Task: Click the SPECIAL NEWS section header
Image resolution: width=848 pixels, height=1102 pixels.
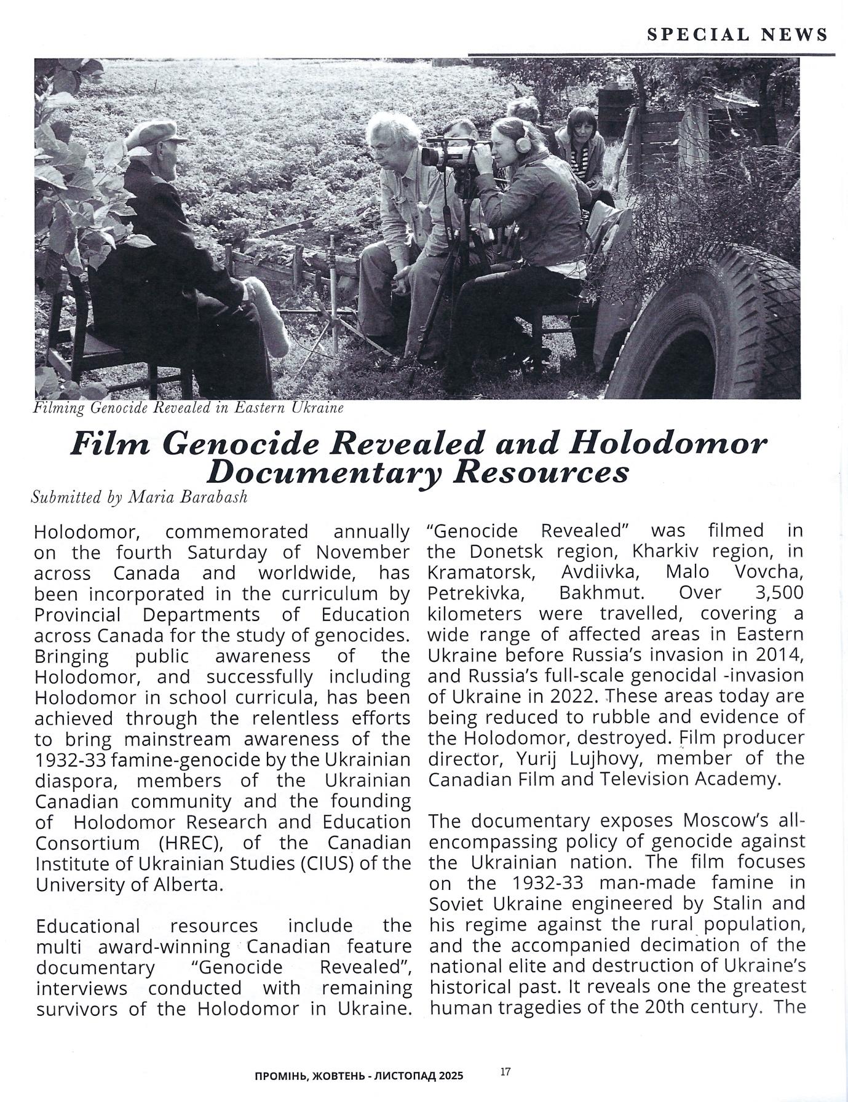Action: click(x=737, y=34)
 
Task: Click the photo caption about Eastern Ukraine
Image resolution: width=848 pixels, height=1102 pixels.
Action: click(x=188, y=408)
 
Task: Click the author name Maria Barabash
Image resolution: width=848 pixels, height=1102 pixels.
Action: click(x=187, y=497)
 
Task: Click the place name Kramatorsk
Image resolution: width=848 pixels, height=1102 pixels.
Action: click(x=480, y=572)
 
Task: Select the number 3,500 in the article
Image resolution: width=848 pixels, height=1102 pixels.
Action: click(x=779, y=593)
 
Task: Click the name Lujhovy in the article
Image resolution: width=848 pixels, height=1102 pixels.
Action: click(x=600, y=758)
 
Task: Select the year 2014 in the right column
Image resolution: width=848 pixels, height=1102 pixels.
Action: click(x=781, y=654)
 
